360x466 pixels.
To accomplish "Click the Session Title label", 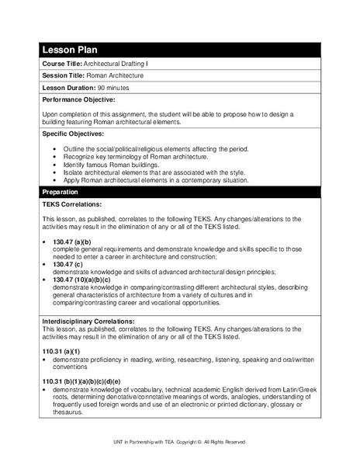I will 65,76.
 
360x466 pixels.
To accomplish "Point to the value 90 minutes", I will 114,88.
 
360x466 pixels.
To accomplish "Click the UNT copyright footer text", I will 179,442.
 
